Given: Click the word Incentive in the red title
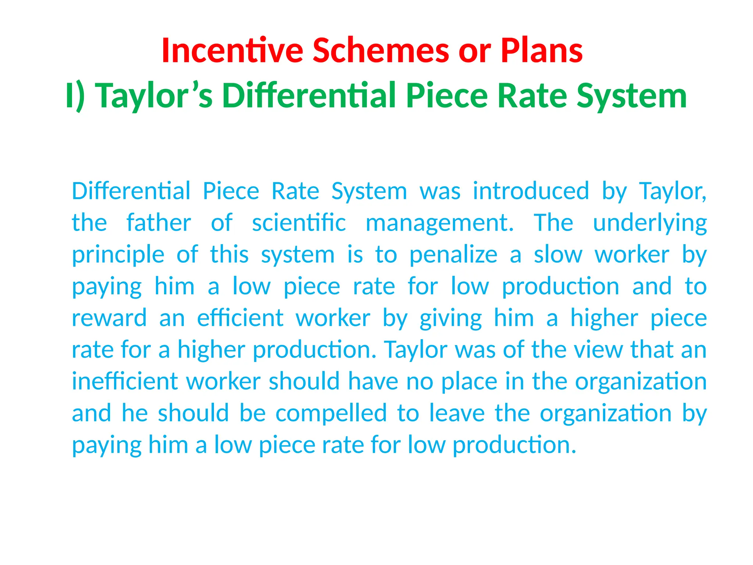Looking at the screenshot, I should point(232,51).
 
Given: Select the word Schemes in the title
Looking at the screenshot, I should point(381,51).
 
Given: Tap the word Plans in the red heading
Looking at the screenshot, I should point(542,51).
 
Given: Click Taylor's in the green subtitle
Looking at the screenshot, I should point(154,96).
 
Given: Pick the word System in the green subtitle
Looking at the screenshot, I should point(631,96).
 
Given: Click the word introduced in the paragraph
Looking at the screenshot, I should point(531,191).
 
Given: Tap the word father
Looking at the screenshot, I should point(158,223).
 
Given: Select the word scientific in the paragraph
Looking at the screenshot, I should point(299,223).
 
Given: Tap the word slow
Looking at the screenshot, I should point(558,255).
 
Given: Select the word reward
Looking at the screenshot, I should point(109,318).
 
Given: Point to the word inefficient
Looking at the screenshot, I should point(125,381).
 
